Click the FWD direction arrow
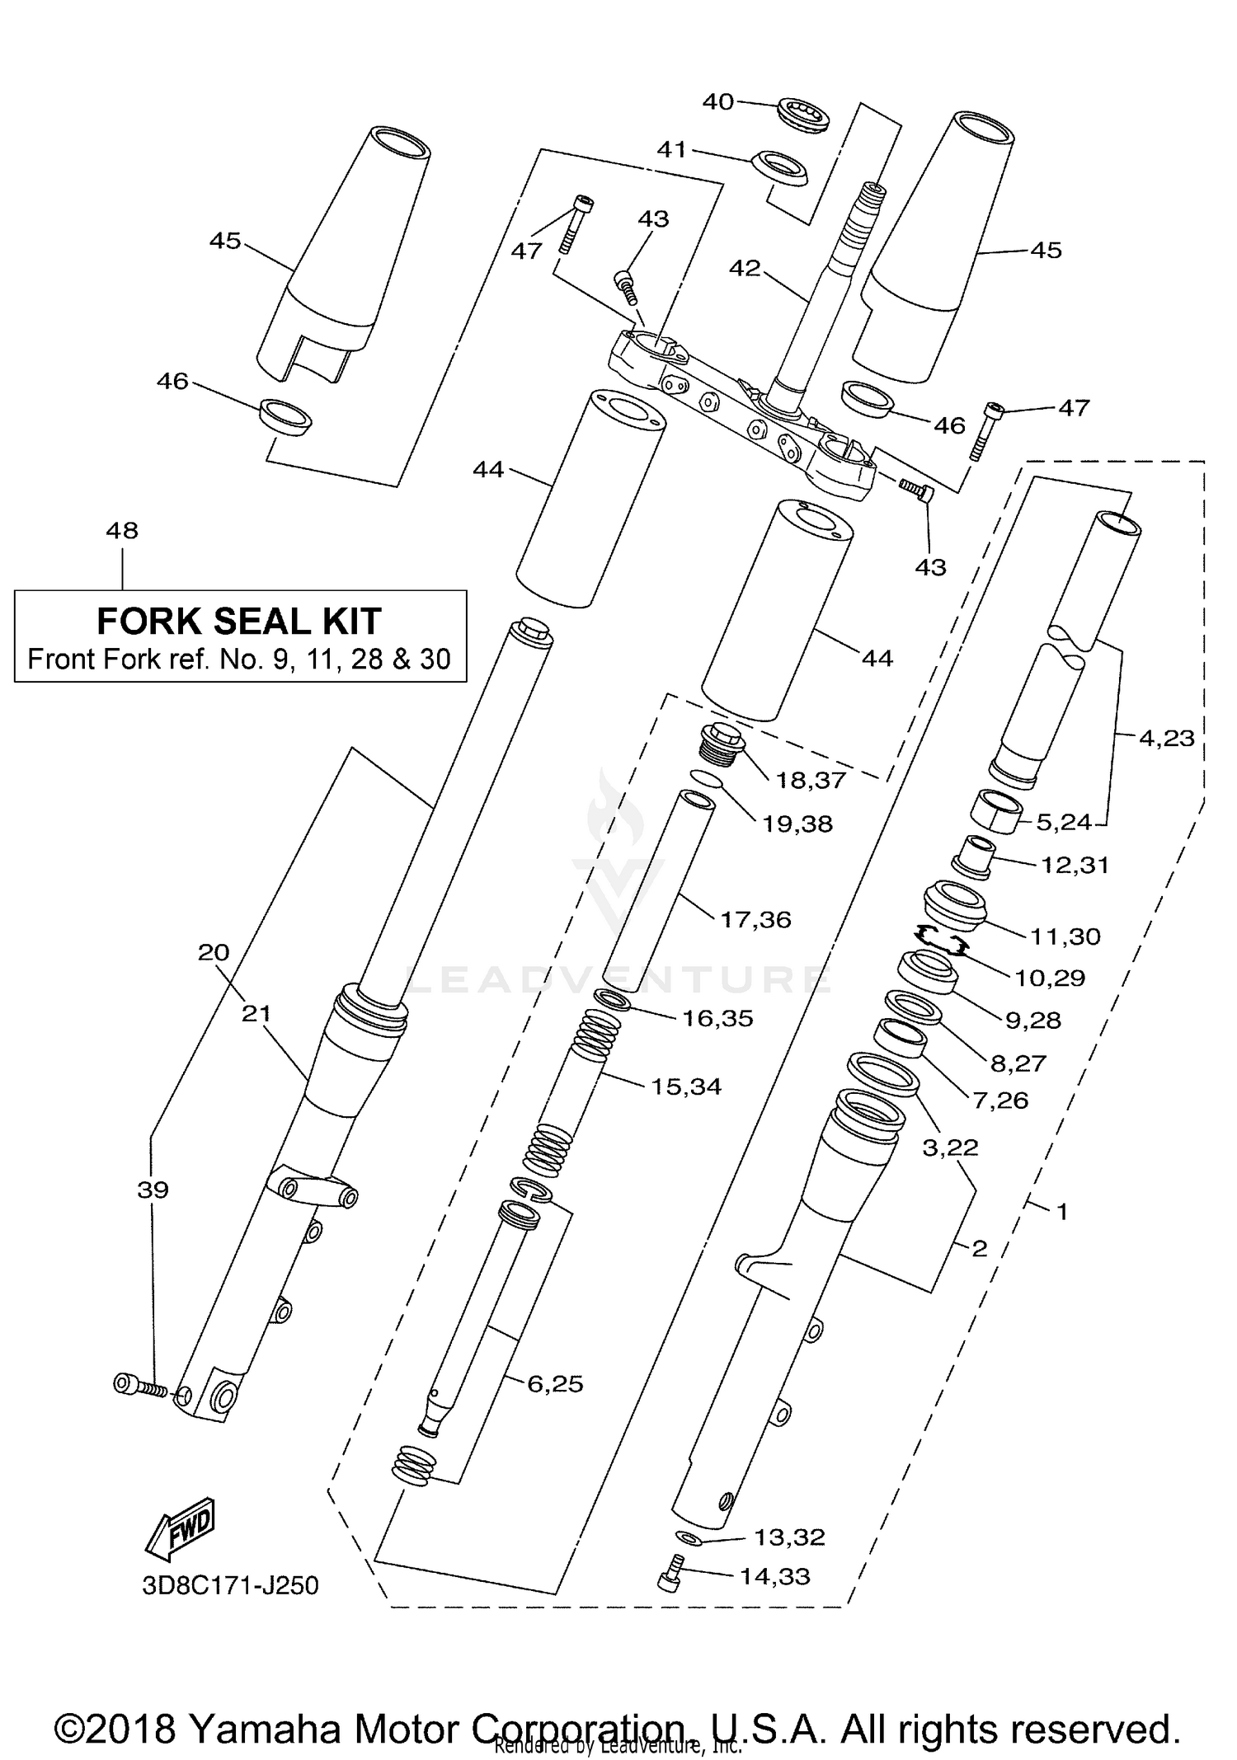point(179,1528)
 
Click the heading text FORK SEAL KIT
point(239,622)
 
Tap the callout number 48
point(122,531)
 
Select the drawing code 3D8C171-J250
point(230,1585)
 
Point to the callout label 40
point(717,101)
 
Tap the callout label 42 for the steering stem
point(745,269)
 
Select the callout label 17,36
point(755,919)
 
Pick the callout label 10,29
point(1049,978)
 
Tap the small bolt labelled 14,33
point(671,1574)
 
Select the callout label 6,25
point(555,1384)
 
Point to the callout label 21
point(256,1012)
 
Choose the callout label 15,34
point(686,1087)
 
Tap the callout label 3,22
point(950,1147)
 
